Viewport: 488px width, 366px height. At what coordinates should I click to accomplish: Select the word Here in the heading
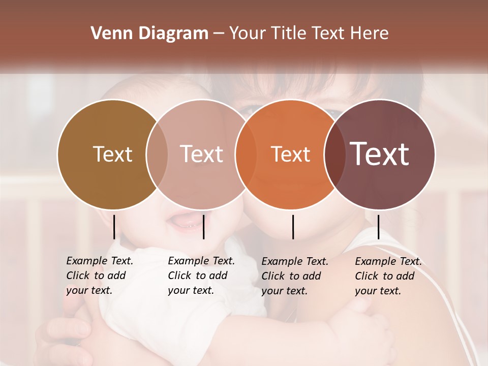(371, 34)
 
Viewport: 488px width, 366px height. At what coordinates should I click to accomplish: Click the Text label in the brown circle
(112, 154)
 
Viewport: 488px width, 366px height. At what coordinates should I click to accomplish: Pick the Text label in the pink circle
(201, 154)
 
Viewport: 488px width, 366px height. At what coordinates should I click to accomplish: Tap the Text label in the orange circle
(290, 154)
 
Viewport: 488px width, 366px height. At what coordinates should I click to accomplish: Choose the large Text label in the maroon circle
(380, 154)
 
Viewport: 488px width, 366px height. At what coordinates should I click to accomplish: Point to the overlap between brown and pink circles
(157, 154)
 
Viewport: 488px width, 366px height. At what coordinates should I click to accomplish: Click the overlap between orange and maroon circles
(335, 154)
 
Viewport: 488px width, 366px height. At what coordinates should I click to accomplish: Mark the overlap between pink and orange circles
(241, 154)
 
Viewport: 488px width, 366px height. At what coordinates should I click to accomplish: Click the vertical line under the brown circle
(114, 227)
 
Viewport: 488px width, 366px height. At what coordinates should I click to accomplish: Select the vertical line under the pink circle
(203, 227)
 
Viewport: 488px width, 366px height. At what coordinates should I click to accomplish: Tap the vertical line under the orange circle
(293, 227)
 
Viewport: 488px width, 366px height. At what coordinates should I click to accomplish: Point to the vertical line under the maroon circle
(378, 227)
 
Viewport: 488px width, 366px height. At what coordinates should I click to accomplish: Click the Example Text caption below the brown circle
(99, 276)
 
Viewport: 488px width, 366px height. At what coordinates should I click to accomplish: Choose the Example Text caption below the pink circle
(201, 276)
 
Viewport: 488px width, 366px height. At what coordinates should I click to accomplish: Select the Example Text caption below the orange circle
(294, 276)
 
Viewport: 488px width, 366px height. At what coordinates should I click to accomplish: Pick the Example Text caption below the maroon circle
(388, 276)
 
